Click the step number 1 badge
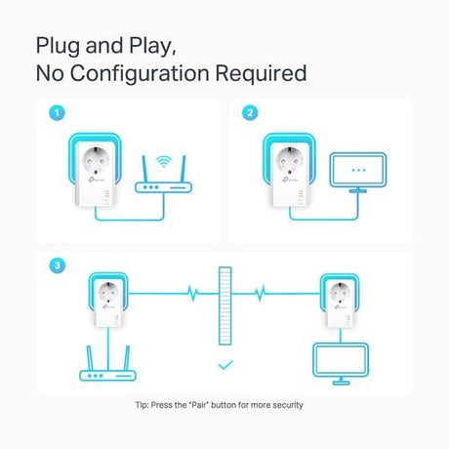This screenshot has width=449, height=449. (x=57, y=113)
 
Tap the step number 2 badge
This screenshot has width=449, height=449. (x=250, y=113)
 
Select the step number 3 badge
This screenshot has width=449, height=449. (x=58, y=265)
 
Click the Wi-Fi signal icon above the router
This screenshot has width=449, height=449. (x=163, y=161)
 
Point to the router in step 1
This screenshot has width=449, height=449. (x=163, y=175)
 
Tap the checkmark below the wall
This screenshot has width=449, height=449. (x=225, y=365)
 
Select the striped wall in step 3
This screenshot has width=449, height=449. (x=225, y=306)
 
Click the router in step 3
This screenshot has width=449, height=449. (x=107, y=363)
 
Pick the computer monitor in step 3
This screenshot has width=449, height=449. (x=341, y=364)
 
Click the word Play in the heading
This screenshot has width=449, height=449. (x=152, y=46)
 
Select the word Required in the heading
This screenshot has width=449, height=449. (x=261, y=73)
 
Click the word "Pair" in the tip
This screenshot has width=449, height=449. (x=198, y=405)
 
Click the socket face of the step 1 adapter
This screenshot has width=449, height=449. (x=96, y=159)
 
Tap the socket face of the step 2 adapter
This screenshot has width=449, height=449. (x=290, y=159)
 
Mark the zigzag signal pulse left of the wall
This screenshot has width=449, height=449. (x=193, y=293)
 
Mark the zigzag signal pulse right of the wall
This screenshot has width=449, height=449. (x=260, y=293)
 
